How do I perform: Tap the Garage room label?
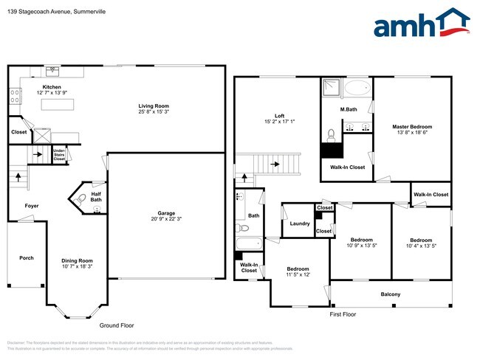[165, 217]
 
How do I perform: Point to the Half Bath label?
[96, 196]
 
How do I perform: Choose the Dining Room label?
[76, 260]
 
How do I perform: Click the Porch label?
[27, 258]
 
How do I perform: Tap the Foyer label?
[32, 206]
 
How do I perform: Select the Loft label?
[279, 116]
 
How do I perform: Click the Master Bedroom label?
[411, 127]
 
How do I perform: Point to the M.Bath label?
[349, 110]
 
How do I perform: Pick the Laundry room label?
[299, 224]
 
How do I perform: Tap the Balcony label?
[390, 295]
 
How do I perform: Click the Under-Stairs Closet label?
[59, 155]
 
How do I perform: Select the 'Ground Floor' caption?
[117, 325]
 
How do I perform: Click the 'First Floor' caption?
[343, 314]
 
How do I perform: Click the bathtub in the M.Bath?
[358, 89]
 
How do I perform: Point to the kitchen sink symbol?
[52, 72]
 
